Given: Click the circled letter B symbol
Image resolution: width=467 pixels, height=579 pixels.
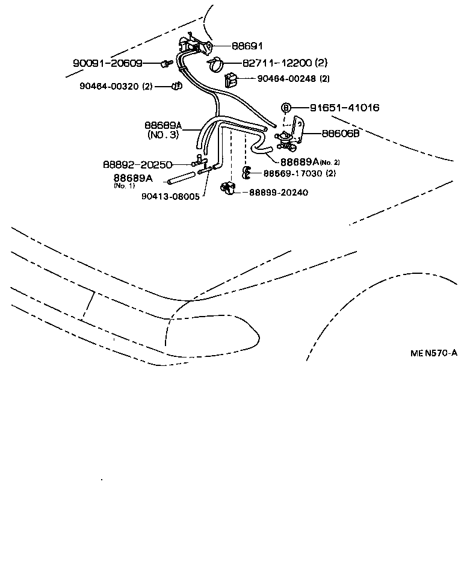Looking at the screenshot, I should point(286,108).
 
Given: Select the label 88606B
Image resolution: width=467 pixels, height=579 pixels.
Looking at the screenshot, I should point(340,134).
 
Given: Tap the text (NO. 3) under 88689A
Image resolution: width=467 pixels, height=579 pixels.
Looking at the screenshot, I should point(163,135).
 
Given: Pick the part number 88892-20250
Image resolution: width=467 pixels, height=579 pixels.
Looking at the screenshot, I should point(137,164).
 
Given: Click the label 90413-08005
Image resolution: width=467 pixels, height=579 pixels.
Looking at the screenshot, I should point(170,196).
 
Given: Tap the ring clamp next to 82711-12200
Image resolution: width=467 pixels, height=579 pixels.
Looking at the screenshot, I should point(216,62).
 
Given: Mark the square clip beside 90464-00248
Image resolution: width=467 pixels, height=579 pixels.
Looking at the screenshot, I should point(231,79).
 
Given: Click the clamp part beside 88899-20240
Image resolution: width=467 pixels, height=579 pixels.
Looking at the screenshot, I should point(227,188).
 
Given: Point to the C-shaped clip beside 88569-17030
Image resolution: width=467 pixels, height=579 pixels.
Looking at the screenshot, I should point(247,173).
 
